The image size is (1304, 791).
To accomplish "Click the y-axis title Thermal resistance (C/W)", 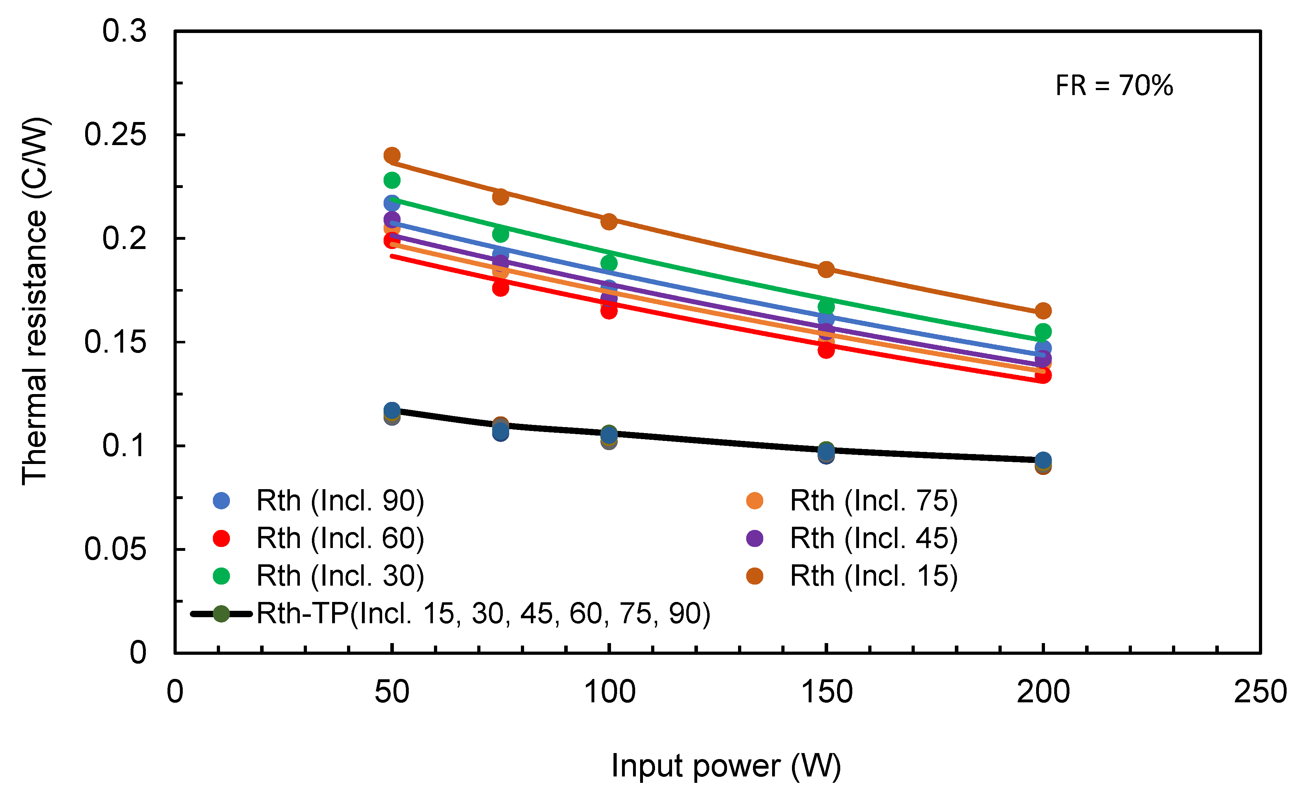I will [35, 300].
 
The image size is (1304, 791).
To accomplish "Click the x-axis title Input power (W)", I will [726, 765].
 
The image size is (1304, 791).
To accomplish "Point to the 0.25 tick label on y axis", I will [115, 134].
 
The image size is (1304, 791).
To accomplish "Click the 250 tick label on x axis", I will [1260, 692].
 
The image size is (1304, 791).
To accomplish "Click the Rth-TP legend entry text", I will [483, 614].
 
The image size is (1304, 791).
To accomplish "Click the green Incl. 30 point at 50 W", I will [392, 181].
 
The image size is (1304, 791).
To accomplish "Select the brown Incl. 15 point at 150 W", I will [826, 269].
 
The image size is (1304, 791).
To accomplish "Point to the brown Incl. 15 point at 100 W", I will [609, 222].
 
